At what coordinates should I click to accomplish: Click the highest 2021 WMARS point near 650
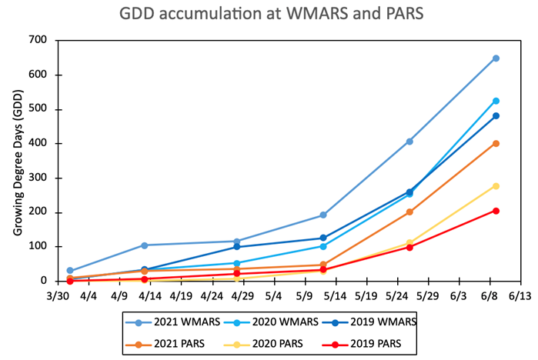tap(496, 58)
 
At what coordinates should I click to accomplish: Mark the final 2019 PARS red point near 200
tap(496, 211)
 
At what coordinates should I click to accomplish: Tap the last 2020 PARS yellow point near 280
tap(496, 185)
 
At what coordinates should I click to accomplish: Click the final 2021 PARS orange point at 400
tap(496, 144)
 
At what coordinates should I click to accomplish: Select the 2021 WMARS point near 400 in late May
tap(409, 142)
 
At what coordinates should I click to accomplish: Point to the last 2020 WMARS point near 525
tap(496, 101)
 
